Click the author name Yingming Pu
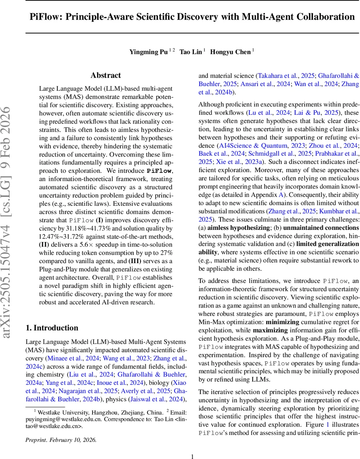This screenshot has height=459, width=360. pyautogui.click(x=148, y=52)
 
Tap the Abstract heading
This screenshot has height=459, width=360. pyautogui.click(x=105, y=75)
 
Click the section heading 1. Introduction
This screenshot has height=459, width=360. pyautogui.click(x=52, y=328)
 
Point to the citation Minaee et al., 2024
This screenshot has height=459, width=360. pyautogui.click(x=72, y=358)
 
